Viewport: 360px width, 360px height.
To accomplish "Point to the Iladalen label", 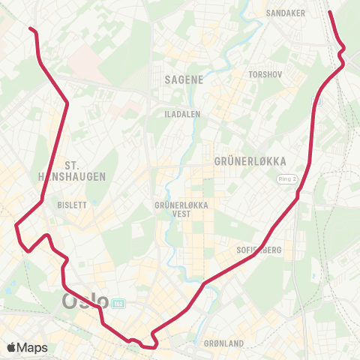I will point(179,113).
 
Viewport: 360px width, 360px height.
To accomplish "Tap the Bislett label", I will point(72,204).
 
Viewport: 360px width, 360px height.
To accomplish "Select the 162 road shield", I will point(118,303).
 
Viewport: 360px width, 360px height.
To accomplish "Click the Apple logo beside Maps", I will point(11,347).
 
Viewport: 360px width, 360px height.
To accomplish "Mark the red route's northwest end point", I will point(31,28).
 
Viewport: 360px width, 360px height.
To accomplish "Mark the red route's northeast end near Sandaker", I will point(330,11).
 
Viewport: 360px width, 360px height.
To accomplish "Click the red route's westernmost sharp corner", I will point(16,223).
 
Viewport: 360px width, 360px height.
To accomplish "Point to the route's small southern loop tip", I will point(152,346).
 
